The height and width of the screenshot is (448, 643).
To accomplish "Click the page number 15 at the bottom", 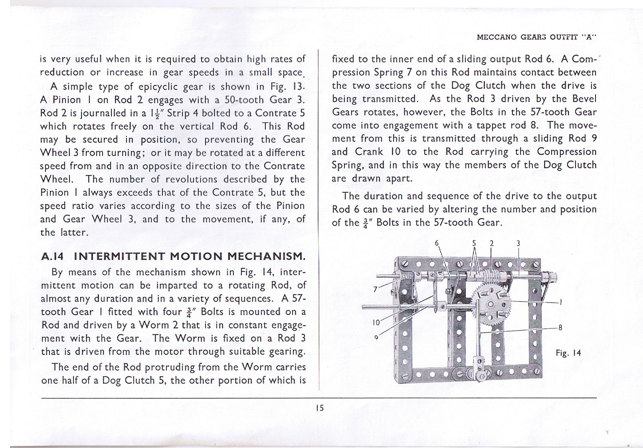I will (x=319, y=408).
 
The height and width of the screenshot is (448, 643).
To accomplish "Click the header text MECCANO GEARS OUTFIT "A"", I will (x=536, y=37).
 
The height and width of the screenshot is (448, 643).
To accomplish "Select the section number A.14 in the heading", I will (x=52, y=256).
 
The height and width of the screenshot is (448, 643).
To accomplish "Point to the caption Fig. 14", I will (x=568, y=353).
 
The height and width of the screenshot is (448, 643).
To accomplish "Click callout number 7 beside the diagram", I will (x=375, y=289).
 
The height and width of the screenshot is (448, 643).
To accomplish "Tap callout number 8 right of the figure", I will (x=560, y=327).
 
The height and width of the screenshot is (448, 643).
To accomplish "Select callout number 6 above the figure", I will (x=437, y=243).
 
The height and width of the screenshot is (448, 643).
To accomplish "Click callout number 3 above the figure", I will (x=518, y=243).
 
